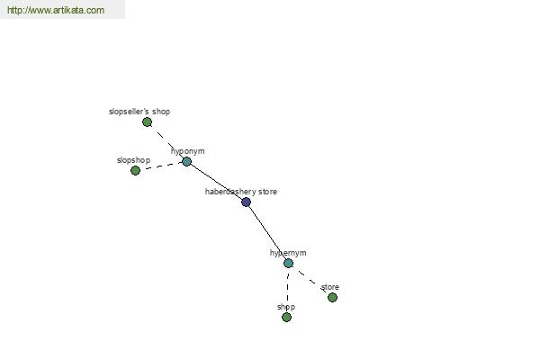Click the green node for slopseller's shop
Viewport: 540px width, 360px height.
[147, 122]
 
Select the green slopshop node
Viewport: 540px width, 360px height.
[135, 170]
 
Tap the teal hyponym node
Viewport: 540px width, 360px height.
[186, 161]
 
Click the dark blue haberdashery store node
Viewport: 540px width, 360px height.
[246, 202]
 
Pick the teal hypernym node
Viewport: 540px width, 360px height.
[288, 263]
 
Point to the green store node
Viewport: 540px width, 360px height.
[332, 297]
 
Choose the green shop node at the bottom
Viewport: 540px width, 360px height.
[286, 317]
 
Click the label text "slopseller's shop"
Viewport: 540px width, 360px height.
[139, 112]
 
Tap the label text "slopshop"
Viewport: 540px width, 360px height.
[133, 160]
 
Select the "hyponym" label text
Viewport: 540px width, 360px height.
[188, 151]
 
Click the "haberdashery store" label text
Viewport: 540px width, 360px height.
[241, 192]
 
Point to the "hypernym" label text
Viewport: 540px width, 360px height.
[288, 253]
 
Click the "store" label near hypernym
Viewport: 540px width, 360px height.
[330, 287]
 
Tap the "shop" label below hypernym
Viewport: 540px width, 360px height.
[286, 307]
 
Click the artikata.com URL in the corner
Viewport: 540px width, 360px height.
[56, 10]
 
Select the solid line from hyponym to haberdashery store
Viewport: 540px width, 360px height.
[216, 182]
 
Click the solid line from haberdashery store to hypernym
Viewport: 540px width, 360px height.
[268, 231]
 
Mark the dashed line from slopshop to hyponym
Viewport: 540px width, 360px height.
[161, 166]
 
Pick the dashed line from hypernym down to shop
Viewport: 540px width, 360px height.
[287, 290]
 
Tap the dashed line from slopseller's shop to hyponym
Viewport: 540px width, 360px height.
[167, 141]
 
